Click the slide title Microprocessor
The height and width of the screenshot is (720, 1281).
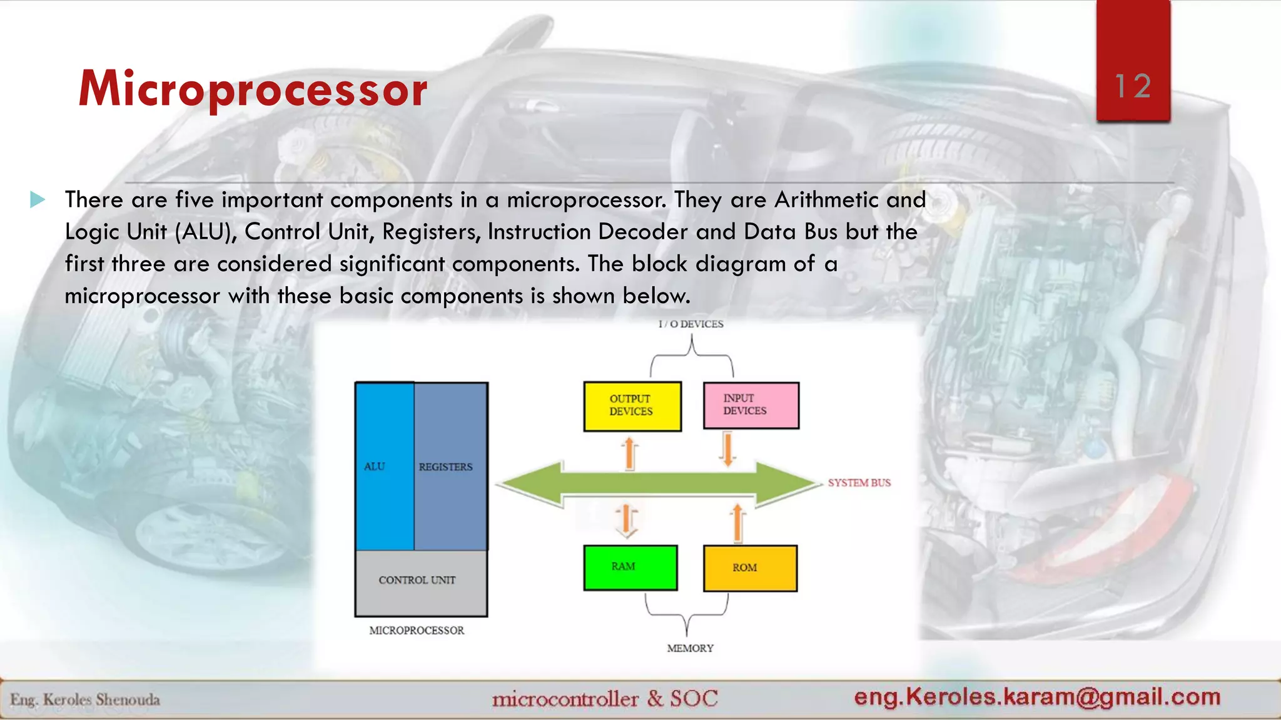pyautogui.click(x=253, y=89)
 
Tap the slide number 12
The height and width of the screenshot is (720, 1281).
pyautogui.click(x=1133, y=86)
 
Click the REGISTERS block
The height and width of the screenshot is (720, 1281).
pyautogui.click(x=450, y=466)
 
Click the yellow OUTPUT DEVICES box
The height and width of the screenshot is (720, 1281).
pyautogui.click(x=632, y=406)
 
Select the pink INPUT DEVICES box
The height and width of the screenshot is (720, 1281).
pyautogui.click(x=751, y=406)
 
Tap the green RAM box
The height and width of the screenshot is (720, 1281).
pyautogui.click(x=630, y=567)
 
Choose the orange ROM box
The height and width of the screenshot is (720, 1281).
pyautogui.click(x=750, y=568)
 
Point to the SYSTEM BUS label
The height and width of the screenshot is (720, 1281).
pyautogui.click(x=859, y=482)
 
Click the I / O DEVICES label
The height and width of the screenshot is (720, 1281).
pyautogui.click(x=691, y=324)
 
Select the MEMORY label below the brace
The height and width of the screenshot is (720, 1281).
pyautogui.click(x=690, y=648)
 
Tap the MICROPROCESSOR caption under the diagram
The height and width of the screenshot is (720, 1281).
pyautogui.click(x=417, y=631)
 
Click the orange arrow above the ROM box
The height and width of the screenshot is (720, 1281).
pyautogui.click(x=737, y=522)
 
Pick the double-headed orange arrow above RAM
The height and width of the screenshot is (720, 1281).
pyautogui.click(x=626, y=521)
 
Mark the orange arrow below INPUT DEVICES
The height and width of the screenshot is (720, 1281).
pyautogui.click(x=727, y=449)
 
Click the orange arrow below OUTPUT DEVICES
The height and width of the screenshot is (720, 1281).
pyautogui.click(x=630, y=453)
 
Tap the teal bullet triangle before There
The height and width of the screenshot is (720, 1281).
pyautogui.click(x=38, y=200)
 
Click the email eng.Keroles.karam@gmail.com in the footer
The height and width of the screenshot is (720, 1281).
pyautogui.click(x=1037, y=696)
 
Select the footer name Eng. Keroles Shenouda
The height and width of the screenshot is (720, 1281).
pyautogui.click(x=85, y=699)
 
